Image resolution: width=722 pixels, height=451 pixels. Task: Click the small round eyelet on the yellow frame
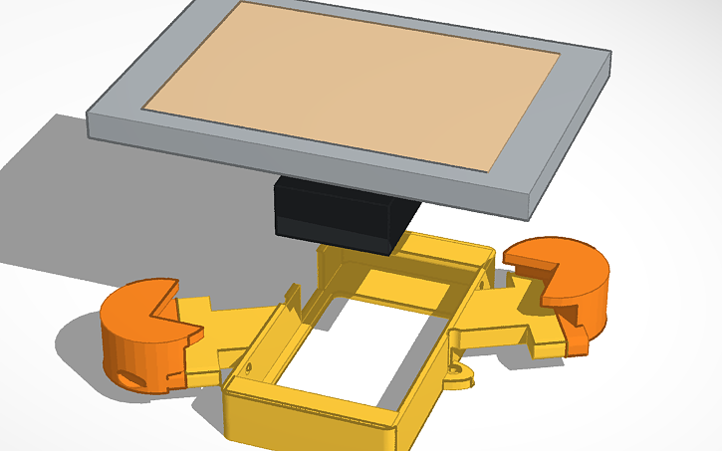(x=458, y=376)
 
